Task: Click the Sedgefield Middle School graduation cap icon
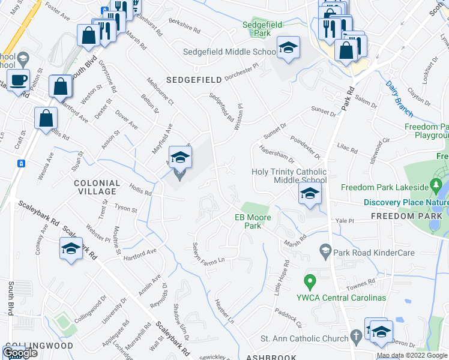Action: click(288, 47)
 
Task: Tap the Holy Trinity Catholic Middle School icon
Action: click(310, 193)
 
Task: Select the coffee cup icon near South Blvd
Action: click(17, 79)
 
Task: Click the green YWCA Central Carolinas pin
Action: click(310, 280)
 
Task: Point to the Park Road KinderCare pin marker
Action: click(326, 250)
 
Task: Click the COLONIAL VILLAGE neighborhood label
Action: click(95, 187)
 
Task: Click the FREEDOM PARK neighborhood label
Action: click(406, 215)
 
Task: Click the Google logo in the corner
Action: click(20, 353)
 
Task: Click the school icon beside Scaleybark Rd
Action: click(71, 249)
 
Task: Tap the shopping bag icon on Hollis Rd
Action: click(46, 118)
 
